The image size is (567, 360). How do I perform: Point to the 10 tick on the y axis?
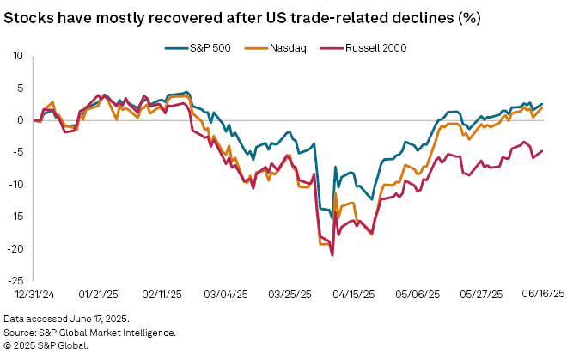coord(17,56)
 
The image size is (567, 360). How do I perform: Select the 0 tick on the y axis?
coord(21,120)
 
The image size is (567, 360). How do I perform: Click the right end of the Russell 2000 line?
coord(541,151)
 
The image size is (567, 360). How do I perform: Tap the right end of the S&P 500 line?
coord(541,104)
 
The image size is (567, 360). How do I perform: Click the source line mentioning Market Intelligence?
coord(90,332)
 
